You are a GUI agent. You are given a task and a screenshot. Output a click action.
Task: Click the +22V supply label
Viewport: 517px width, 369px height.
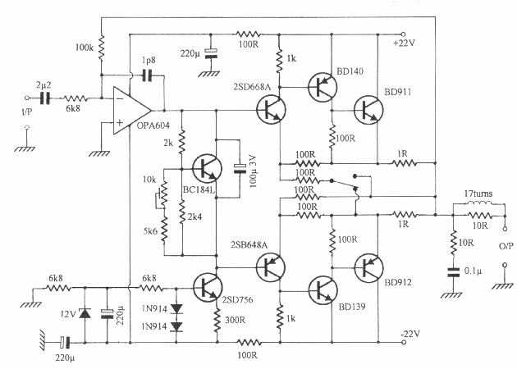[406, 42]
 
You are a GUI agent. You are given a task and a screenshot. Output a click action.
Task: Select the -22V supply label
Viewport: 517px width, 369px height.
[409, 333]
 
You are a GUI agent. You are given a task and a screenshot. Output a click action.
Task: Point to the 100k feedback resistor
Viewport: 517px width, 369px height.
[102, 50]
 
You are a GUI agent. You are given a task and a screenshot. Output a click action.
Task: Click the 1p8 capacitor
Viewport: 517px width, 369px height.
[148, 75]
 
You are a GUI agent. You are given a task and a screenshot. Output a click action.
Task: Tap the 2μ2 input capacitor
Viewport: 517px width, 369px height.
[45, 97]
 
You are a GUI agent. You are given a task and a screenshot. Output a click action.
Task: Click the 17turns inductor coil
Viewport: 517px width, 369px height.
[480, 205]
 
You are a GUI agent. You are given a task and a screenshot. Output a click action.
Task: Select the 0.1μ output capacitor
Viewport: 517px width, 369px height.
[452, 268]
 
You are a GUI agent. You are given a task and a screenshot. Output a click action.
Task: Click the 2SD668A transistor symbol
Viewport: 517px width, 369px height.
[269, 109]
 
